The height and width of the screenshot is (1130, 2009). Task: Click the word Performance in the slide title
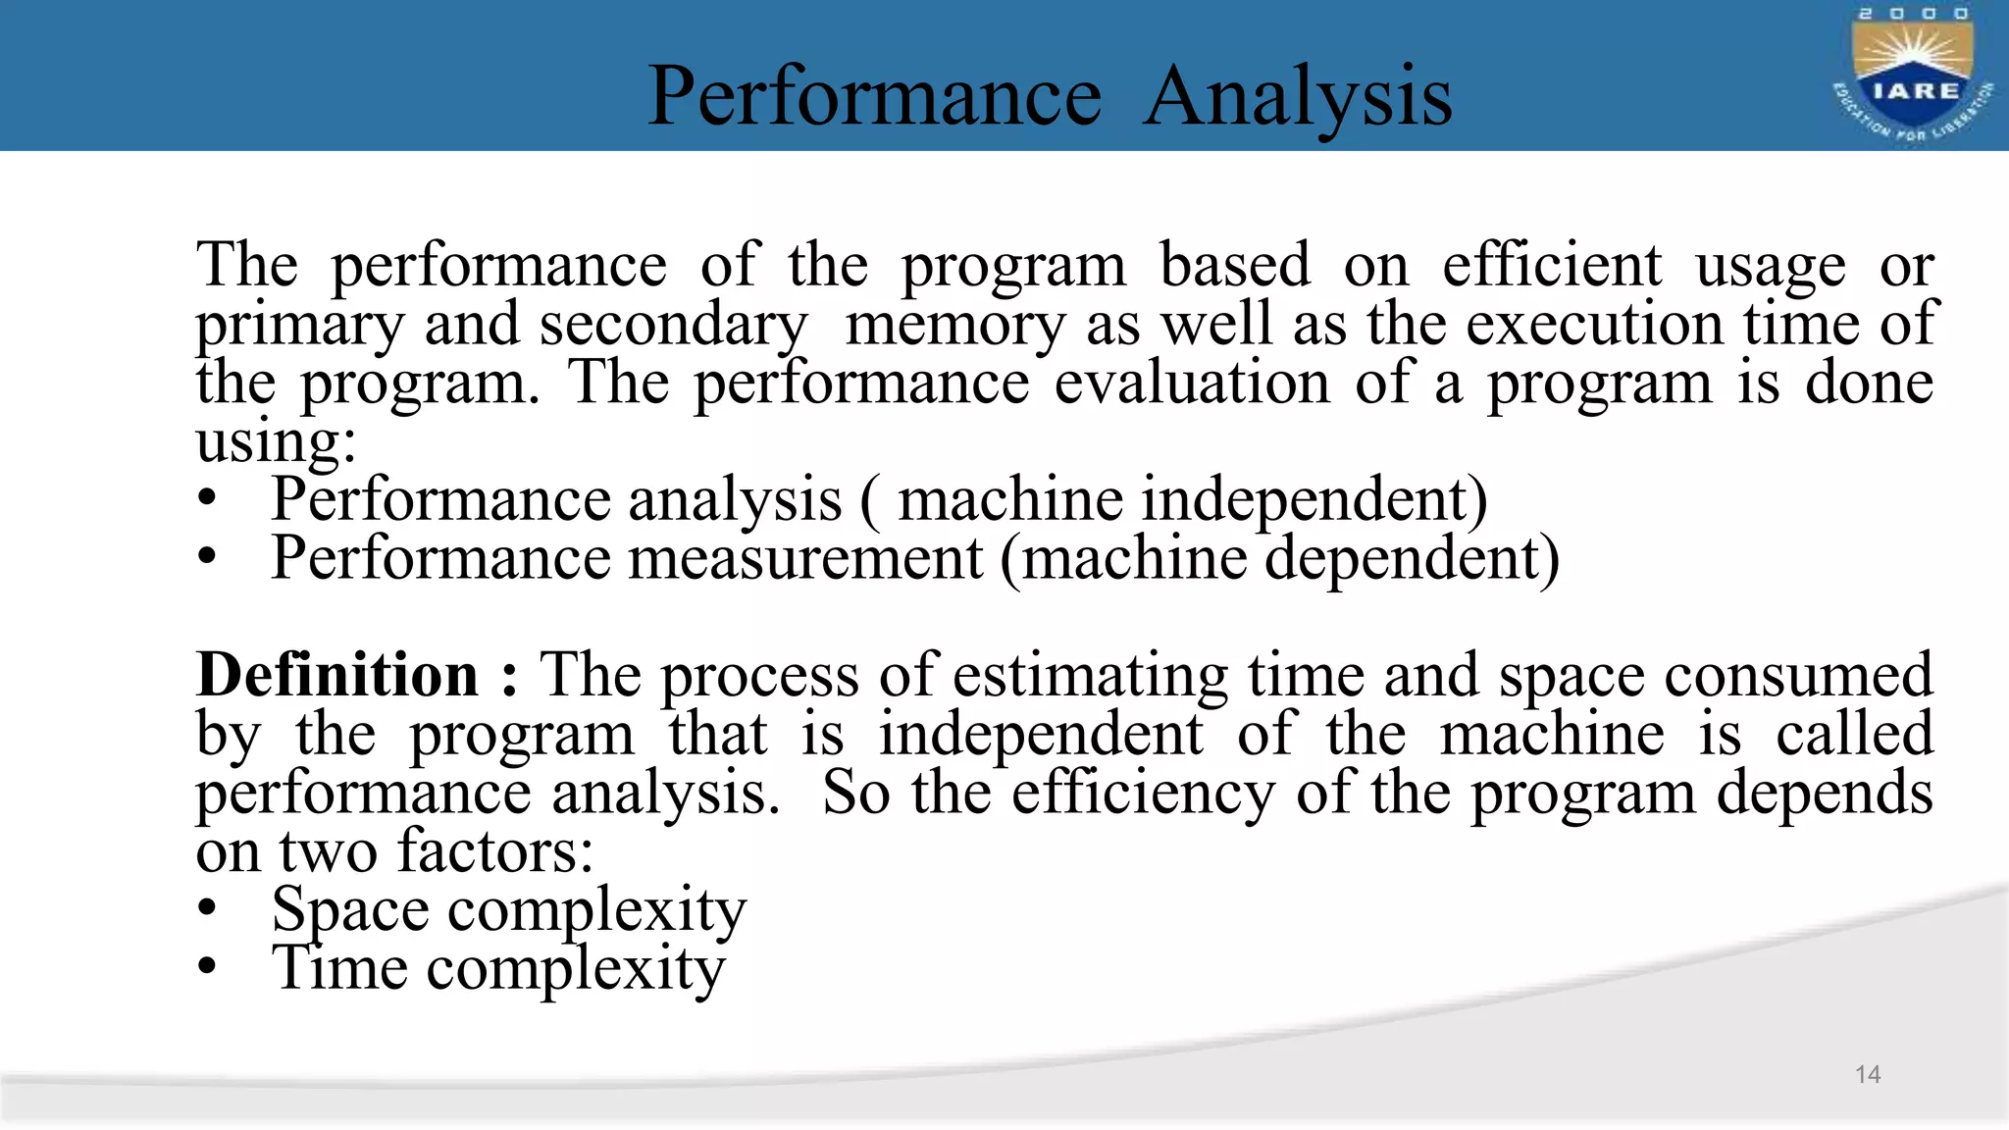pyautogui.click(x=874, y=96)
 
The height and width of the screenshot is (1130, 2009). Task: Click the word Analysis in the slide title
pyautogui.click(x=1297, y=96)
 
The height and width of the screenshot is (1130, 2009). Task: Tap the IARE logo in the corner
pyautogui.click(x=1913, y=77)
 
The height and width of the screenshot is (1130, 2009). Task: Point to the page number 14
pyautogui.click(x=1868, y=1074)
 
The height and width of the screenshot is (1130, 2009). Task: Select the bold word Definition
pyautogui.click(x=337, y=675)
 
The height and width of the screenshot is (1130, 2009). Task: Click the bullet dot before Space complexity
pyautogui.click(x=206, y=908)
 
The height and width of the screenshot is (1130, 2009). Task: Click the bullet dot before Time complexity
pyautogui.click(x=206, y=967)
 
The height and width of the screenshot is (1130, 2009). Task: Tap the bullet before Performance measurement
pyautogui.click(x=206, y=557)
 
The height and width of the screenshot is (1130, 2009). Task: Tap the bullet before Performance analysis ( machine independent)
pyautogui.click(x=206, y=498)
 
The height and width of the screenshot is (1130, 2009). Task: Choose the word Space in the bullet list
pyautogui.click(x=350, y=910)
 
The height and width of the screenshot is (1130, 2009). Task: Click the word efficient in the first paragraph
pyautogui.click(x=1551, y=265)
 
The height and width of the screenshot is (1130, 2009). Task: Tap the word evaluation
pyautogui.click(x=1191, y=383)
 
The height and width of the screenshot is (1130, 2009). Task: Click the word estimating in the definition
pyautogui.click(x=1090, y=677)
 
